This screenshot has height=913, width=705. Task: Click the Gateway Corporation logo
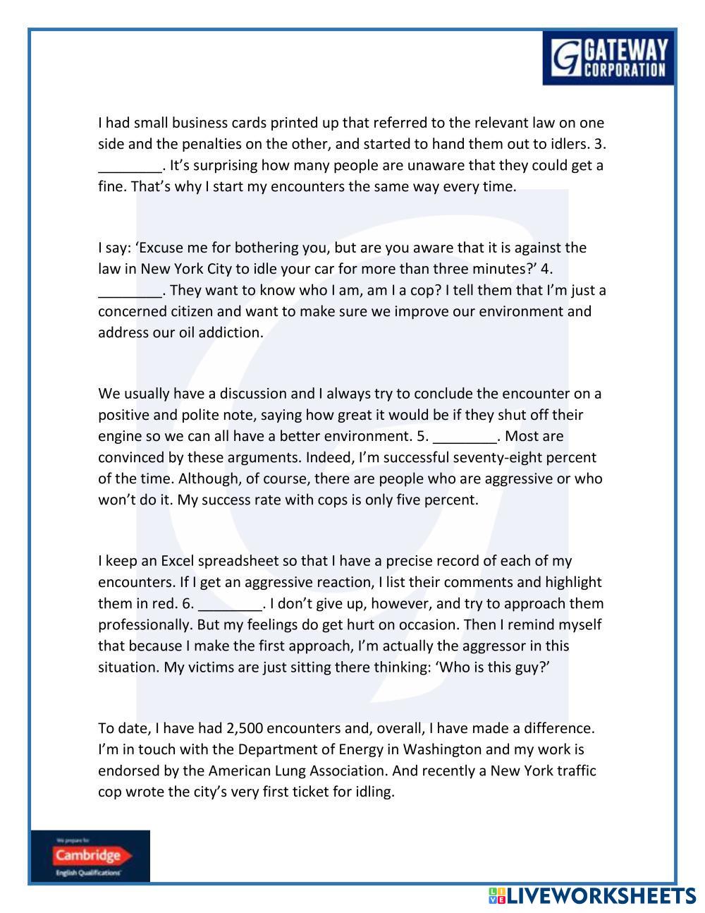tap(608, 58)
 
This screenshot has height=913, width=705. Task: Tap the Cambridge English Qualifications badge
tap(90, 856)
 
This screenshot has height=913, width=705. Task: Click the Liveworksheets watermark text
tap(591, 896)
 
